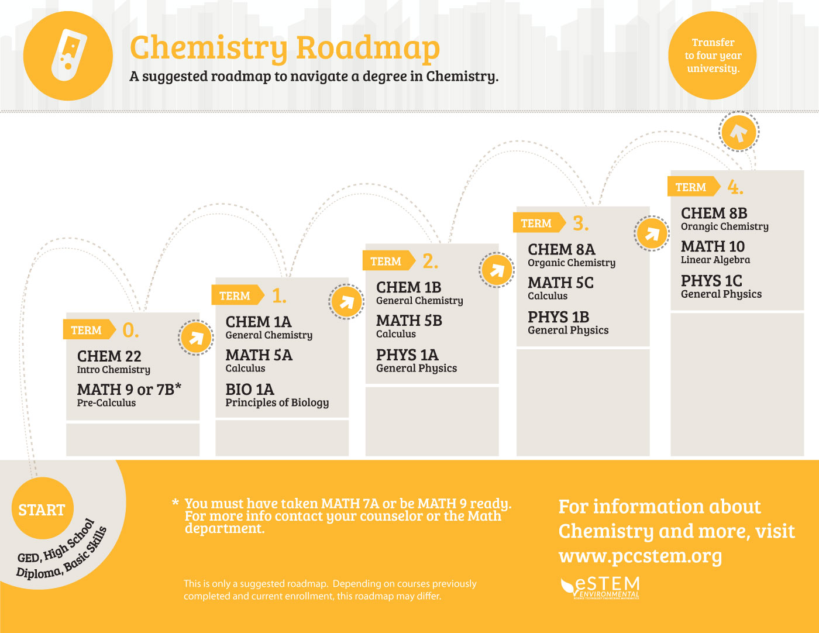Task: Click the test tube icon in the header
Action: coord(68,55)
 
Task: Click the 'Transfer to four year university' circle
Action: coord(713,56)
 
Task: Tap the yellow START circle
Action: coord(42,510)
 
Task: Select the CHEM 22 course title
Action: coord(109,356)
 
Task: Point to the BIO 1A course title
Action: coord(250,389)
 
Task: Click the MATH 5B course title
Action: coord(409,321)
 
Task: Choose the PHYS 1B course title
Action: coord(558,316)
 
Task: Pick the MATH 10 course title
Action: coord(713,246)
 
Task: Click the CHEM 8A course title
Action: coord(561,249)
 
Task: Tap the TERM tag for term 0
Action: coord(87,330)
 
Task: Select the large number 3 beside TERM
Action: coord(580,223)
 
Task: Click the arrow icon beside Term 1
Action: coord(346,302)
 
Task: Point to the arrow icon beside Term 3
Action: coord(651,234)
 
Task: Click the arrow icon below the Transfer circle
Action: coord(738,132)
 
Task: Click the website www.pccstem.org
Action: coord(640,555)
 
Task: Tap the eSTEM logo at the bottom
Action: coord(601,587)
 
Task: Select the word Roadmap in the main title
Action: coord(367,47)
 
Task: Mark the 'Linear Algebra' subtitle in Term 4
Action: coord(715,260)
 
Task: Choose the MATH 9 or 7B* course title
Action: coord(129,389)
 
